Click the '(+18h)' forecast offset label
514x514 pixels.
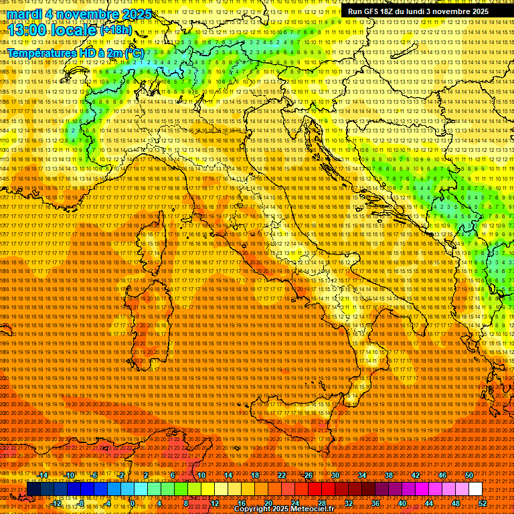pos(116,29)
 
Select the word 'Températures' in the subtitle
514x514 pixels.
pos(40,52)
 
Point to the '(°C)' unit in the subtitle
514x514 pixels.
pos(133,52)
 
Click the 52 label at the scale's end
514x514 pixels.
pos(483,503)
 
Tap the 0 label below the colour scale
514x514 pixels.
pos(133,503)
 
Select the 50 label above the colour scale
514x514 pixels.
pos(469,475)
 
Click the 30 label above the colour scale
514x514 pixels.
pos(335,475)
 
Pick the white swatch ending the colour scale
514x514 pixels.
pos(475,489)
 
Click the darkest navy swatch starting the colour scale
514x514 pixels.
pos(33,489)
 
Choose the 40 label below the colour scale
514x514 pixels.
pos(402,503)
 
